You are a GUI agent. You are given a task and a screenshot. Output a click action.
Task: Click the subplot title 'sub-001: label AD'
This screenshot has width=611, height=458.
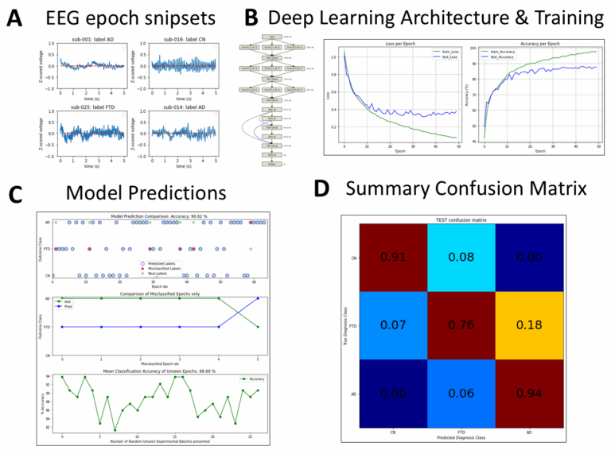pos(90,41)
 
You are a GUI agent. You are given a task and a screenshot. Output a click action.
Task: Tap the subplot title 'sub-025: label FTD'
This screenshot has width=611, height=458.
pos(90,105)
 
